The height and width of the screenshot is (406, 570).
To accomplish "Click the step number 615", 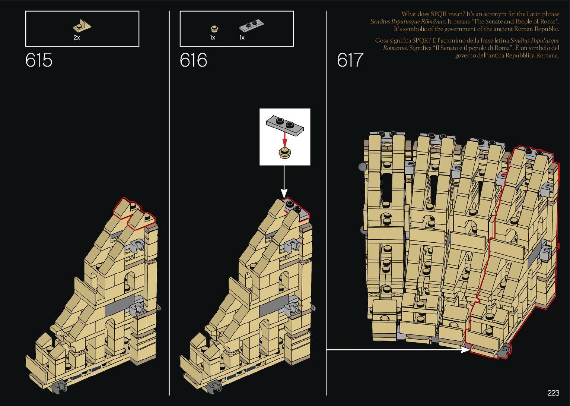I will pyautogui.click(x=39, y=60).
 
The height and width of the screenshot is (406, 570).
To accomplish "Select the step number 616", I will pyautogui.click(x=193, y=60).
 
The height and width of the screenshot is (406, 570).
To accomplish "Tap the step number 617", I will pyautogui.click(x=350, y=60).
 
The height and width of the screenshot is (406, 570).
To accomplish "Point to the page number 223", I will pyautogui.click(x=553, y=393).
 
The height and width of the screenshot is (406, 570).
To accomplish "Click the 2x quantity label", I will pyautogui.click(x=77, y=38).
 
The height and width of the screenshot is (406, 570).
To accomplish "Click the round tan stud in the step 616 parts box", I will pyautogui.click(x=214, y=28).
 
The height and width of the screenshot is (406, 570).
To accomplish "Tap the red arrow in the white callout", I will pyautogui.click(x=285, y=141).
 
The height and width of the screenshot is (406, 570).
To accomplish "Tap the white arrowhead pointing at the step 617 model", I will pyautogui.click(x=465, y=350).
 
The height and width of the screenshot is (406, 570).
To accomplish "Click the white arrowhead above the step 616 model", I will pyautogui.click(x=284, y=193).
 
